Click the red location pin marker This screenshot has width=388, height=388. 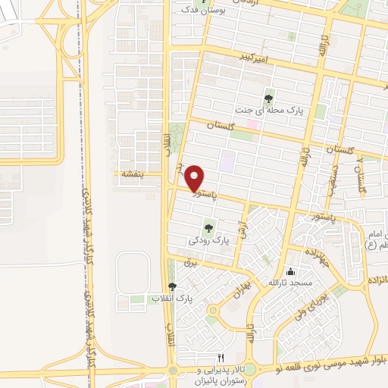click(x=195, y=178)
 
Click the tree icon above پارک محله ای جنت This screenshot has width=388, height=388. click(x=268, y=98)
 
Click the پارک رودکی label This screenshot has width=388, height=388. click(x=208, y=240)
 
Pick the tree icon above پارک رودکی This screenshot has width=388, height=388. click(x=208, y=227)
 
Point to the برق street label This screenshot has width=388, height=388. click(x=190, y=261)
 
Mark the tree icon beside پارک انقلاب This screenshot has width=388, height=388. click(x=172, y=286)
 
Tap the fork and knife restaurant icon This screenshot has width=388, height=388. click(x=221, y=358)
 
